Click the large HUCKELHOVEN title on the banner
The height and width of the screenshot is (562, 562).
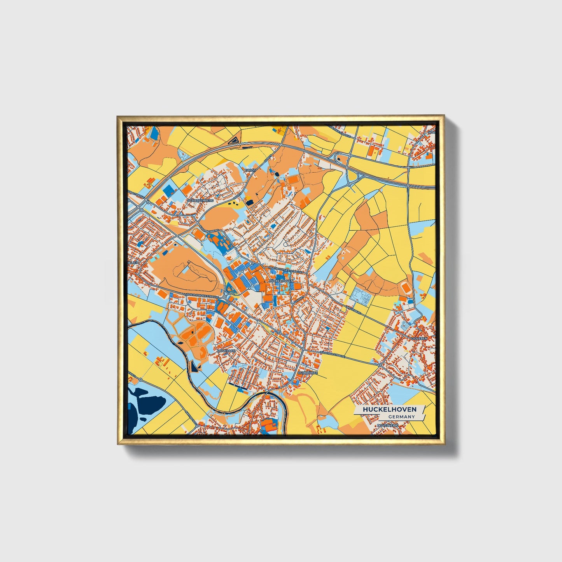click(x=389, y=410)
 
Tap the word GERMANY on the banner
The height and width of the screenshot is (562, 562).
click(x=401, y=417)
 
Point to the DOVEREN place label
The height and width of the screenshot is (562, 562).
click(x=420, y=338)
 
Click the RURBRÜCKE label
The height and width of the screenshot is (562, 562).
click(x=308, y=373)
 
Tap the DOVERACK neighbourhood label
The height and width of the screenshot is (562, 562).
click(x=226, y=350)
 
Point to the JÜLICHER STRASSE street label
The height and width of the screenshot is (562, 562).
click(x=333, y=354)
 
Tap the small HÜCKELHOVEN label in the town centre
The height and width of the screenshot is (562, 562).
click(x=280, y=280)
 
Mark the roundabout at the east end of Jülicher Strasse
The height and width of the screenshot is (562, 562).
click(x=380, y=365)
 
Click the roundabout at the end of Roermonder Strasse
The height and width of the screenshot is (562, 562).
click(x=225, y=297)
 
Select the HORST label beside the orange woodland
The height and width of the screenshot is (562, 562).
click(x=249, y=170)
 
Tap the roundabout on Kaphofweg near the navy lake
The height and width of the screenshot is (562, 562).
click(x=197, y=425)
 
